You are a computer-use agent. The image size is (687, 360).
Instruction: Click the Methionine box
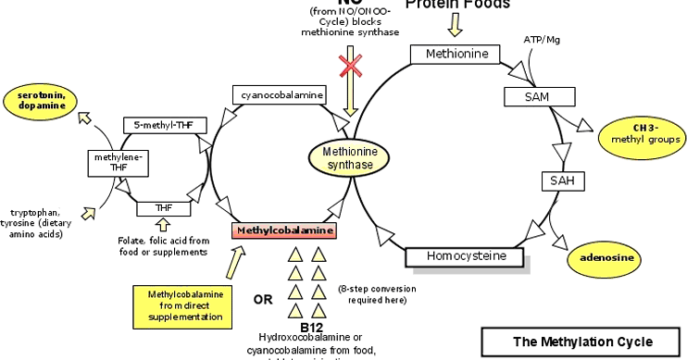pos(456,54)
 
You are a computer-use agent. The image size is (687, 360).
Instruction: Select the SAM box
pos(531,96)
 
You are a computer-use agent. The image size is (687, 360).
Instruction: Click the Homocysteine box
pos(464,256)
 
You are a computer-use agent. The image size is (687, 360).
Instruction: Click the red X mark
pos(350,66)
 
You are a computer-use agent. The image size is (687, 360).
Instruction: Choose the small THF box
pos(163,208)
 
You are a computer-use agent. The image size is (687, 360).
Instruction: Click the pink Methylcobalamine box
pos(283,230)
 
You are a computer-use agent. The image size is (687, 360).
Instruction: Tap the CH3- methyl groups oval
pos(642,133)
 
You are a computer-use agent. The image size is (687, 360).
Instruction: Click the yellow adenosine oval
pos(604,256)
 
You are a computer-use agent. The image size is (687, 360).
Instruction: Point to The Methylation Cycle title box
pos(582,341)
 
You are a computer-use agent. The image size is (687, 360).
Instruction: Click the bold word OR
pos(264,299)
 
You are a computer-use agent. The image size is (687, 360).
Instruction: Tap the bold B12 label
pos(310,327)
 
